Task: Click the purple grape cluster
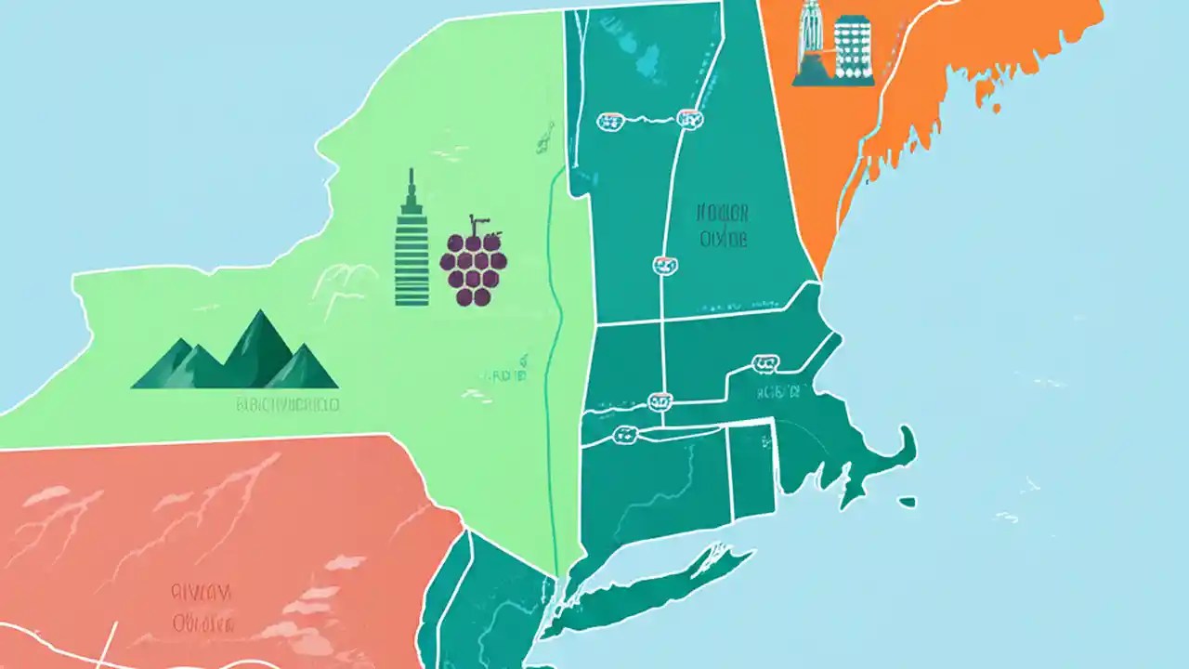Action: tap(474, 267)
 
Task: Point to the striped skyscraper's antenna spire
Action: tap(411, 182)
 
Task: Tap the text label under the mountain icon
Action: tap(287, 405)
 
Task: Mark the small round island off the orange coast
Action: tap(996, 108)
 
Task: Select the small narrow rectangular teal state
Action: tap(751, 470)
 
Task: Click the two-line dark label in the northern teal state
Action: tap(723, 227)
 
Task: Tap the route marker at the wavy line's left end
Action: tap(610, 120)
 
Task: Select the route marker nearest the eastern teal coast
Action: tap(765, 363)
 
